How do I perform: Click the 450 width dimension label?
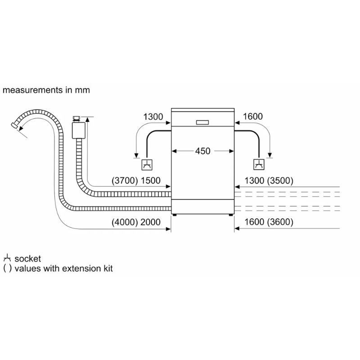203,151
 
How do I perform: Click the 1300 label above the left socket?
153,117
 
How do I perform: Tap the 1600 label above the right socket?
253,117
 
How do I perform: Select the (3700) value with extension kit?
125,181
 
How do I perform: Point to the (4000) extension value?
125,222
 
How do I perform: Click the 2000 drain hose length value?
150,222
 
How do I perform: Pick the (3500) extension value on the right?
280,181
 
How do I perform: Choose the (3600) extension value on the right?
280,222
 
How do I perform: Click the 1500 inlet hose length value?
150,181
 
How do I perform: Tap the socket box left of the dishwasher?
147,165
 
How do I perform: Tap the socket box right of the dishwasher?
259,165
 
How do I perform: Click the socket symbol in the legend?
7,258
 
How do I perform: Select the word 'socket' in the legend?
27,259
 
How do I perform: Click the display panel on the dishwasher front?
202,122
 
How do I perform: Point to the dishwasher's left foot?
175,215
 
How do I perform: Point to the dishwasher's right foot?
230,215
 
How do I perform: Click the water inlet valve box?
78,130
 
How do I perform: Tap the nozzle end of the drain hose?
14,126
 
